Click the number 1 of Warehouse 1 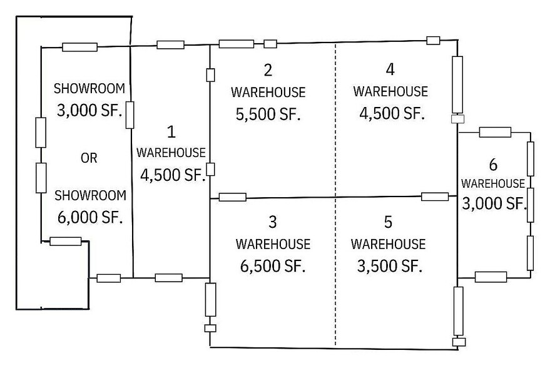coord(171,131)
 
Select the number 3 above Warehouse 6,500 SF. coord(272,222)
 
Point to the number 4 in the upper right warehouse coord(390,68)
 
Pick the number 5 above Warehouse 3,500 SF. coord(388,222)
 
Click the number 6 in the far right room coord(493,165)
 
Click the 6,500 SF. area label coord(272,265)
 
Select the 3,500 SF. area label coord(388,265)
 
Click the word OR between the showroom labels coord(89,158)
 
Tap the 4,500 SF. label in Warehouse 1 coord(173,175)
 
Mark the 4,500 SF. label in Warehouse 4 coord(390,113)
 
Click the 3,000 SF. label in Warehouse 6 coord(493,203)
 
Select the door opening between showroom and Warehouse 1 coord(130,115)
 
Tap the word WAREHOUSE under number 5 coord(388,243)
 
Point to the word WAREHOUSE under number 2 coord(268,92)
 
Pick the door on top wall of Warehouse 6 coord(495,132)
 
